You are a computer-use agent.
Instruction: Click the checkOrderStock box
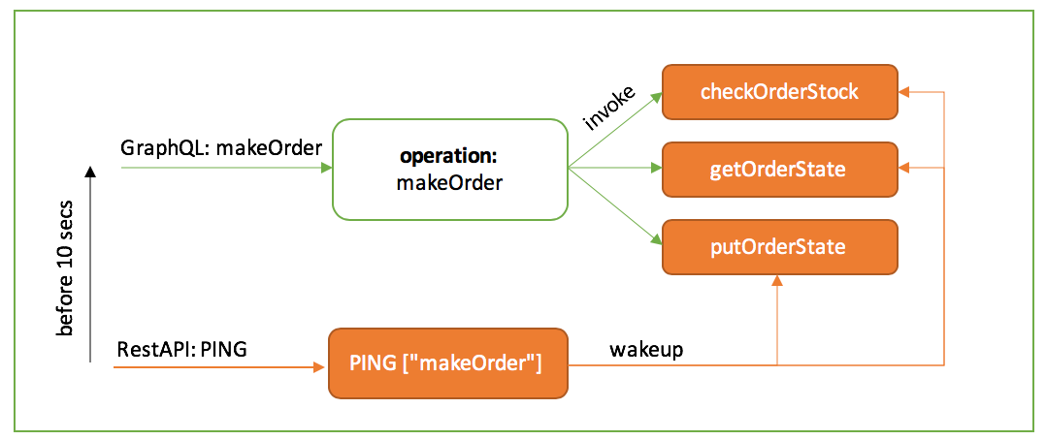tap(779, 92)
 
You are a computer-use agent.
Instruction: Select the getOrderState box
tap(779, 170)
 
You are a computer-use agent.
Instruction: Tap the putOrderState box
tap(779, 246)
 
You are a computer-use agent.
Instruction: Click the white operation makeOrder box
tap(449, 169)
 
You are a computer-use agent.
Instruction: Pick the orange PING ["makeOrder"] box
tap(448, 364)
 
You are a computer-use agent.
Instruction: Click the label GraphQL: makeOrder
tap(220, 147)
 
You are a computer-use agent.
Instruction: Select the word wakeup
tap(646, 349)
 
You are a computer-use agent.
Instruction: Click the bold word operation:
tap(449, 156)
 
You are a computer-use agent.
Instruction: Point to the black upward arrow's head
tap(90, 173)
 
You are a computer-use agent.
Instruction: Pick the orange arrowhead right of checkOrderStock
tap(904, 92)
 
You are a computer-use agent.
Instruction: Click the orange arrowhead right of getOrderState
tap(904, 169)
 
